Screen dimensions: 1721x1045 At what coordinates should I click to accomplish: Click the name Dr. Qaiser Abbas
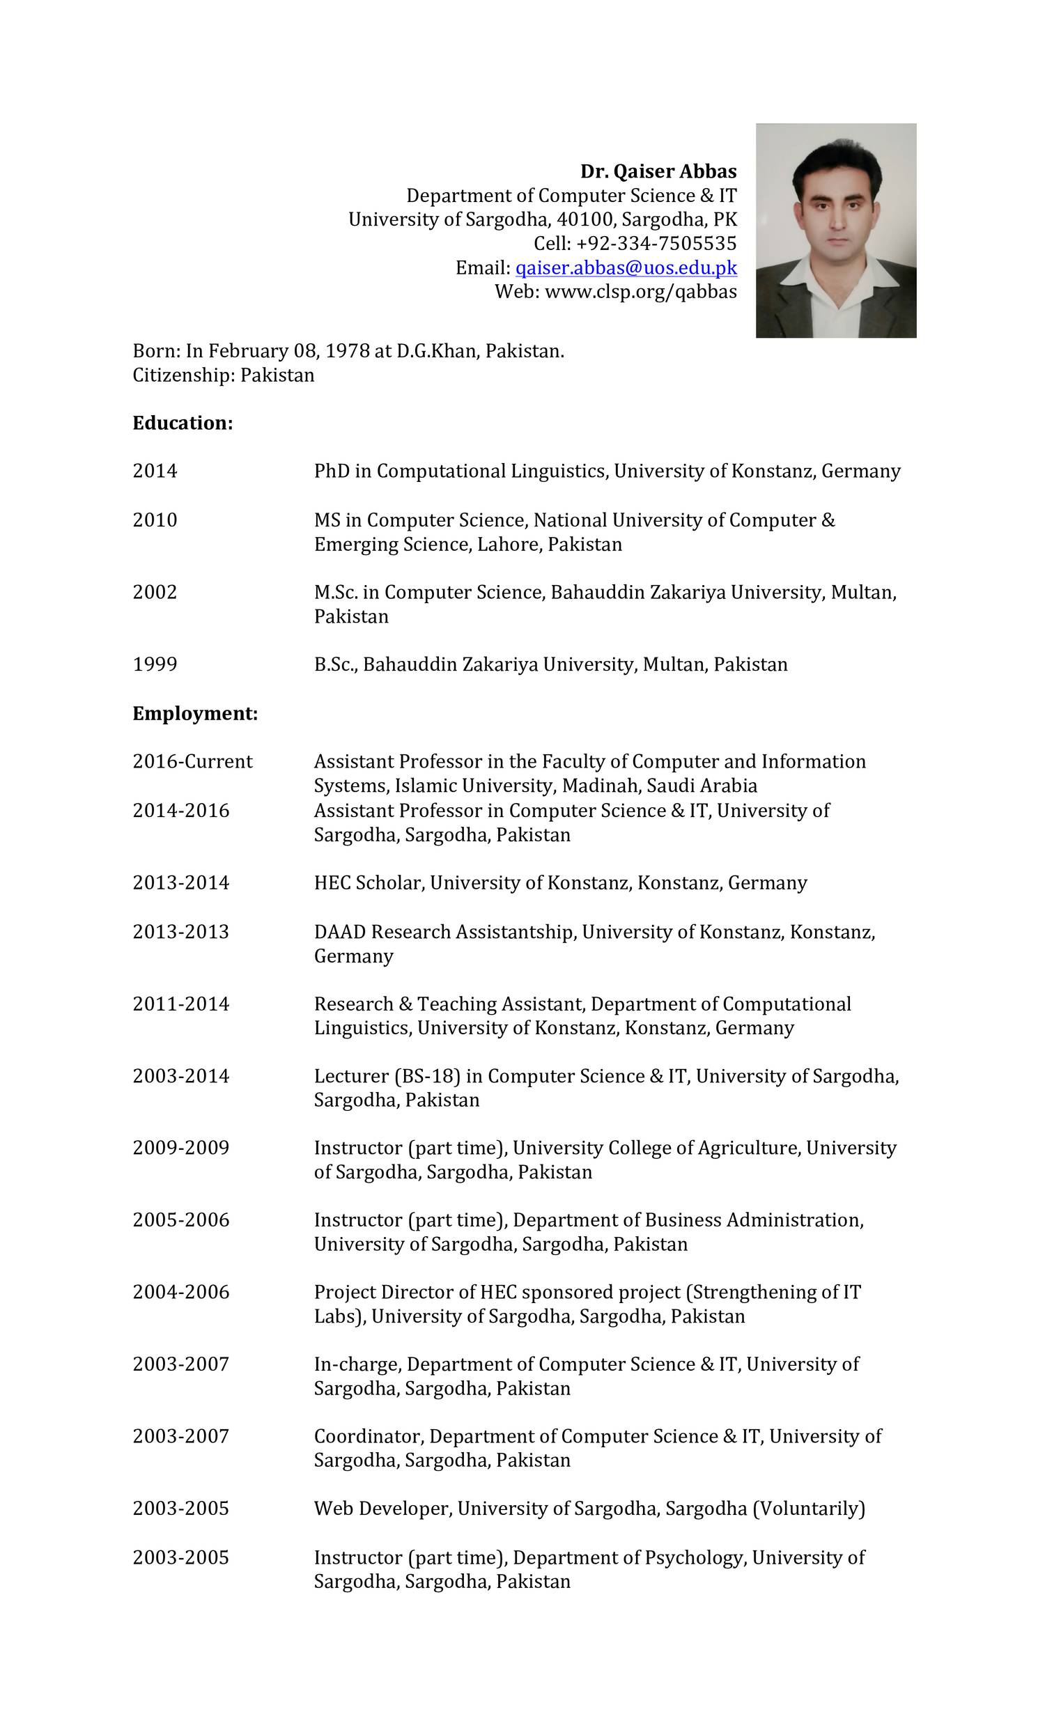tap(658, 172)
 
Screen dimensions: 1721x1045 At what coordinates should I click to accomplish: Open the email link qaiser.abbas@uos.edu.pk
tap(626, 268)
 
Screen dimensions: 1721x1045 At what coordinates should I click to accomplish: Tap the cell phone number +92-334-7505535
tap(656, 244)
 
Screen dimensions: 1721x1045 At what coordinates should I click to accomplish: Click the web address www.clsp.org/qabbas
tap(640, 292)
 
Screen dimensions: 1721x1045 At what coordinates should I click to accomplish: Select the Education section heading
tap(183, 423)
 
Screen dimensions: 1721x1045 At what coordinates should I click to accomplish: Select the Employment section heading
tap(195, 714)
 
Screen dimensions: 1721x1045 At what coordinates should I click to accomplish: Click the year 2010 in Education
tap(155, 520)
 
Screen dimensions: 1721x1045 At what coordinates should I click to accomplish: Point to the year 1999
tap(155, 664)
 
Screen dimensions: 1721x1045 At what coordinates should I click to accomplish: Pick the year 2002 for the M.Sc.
tap(155, 592)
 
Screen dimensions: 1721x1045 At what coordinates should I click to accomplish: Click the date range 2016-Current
tap(192, 761)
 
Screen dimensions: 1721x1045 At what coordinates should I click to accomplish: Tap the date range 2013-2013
tap(180, 932)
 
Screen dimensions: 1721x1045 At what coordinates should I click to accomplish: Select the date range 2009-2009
tap(180, 1148)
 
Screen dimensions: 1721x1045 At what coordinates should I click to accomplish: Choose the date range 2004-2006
tap(180, 1292)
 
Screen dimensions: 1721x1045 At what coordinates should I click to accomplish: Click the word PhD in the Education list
tap(331, 472)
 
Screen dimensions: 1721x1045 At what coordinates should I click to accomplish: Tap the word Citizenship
tap(183, 376)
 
